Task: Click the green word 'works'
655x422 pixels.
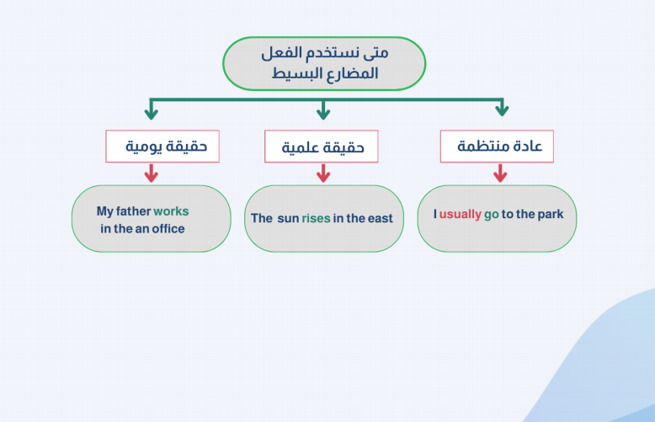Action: [171, 211]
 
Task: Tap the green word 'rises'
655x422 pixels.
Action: [316, 218]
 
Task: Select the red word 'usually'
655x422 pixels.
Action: [460, 214]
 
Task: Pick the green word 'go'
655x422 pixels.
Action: [492, 215]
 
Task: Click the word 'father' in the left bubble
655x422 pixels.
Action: [133, 211]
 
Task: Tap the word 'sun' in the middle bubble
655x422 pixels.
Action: [288, 218]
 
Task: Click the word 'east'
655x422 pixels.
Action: [381, 218]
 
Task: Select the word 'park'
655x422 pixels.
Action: [550, 214]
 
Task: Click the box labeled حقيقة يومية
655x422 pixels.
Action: [162, 147]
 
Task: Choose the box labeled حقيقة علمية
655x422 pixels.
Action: [322, 147]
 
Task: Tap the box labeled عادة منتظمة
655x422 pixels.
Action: [497, 147]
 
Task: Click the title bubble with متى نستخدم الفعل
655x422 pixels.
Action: [324, 63]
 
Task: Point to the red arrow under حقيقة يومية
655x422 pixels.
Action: [152, 173]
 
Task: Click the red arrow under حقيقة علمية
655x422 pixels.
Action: [323, 173]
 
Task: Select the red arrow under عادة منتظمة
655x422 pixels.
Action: [500, 173]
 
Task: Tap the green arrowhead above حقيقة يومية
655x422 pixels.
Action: [152, 113]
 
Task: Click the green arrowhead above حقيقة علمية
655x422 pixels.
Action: [323, 113]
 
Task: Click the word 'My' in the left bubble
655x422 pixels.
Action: [105, 211]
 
